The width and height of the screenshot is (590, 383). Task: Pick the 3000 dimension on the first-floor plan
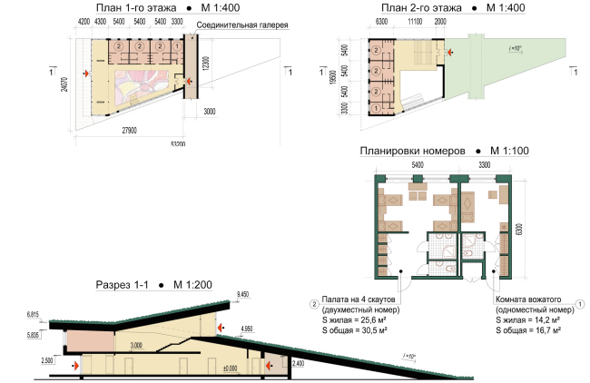click(x=211, y=112)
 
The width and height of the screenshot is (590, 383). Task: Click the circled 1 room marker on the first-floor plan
click(x=177, y=45)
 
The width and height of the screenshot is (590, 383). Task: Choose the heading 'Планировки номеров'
click(x=413, y=150)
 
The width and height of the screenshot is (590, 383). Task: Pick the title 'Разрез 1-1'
click(x=125, y=285)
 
